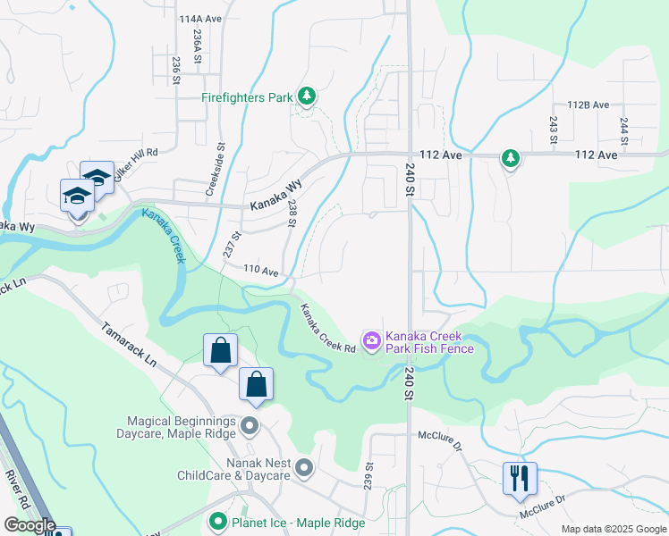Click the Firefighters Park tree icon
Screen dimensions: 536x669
307,96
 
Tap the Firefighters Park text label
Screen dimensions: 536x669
247,97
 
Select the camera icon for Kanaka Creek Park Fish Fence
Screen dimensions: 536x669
371,341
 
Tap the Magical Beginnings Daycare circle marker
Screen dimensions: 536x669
250,426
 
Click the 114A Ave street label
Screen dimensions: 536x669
199,18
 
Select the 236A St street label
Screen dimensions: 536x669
196,42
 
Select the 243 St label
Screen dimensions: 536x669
553,130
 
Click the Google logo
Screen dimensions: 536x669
29,524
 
